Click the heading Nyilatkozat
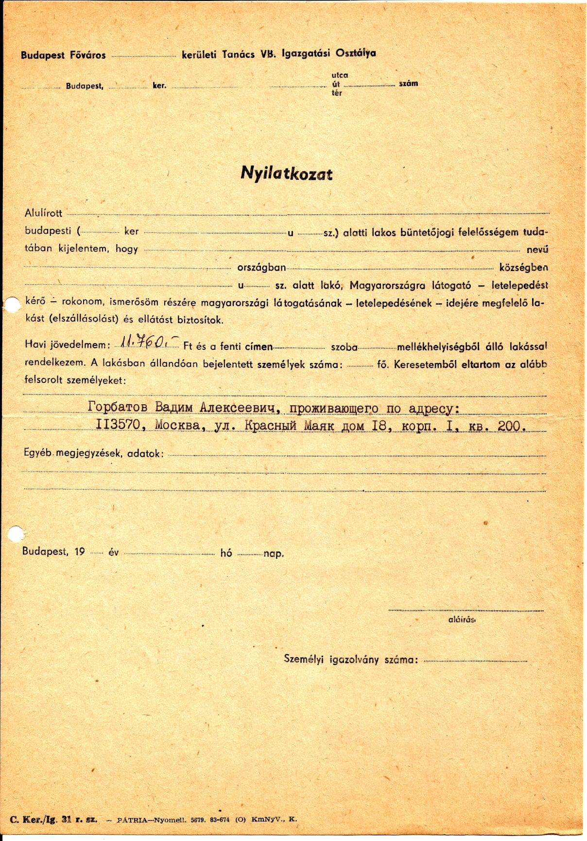tap(286, 174)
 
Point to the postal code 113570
tap(119, 425)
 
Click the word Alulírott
tap(43, 213)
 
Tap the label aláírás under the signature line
tap(461, 619)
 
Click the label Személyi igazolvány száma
tap(350, 659)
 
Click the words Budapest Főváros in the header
tap(63, 55)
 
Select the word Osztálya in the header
tap(355, 53)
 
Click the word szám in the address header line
tap(408, 84)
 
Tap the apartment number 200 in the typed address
tap(510, 426)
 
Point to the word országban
tap(261, 268)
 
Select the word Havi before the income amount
tap(34, 344)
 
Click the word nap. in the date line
tap(274, 553)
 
